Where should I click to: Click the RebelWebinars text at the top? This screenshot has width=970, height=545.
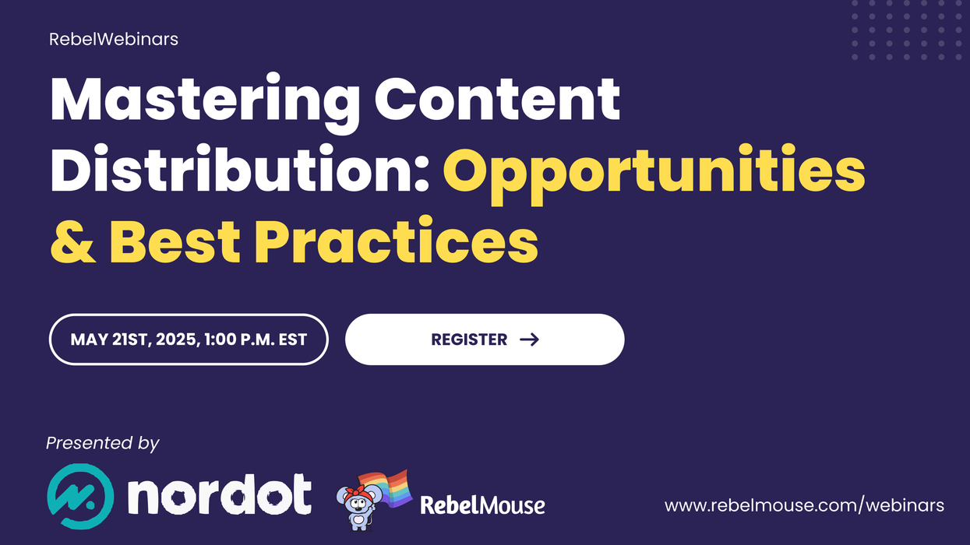point(114,38)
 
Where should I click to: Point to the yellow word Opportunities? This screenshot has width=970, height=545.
point(654,171)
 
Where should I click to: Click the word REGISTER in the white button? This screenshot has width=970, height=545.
point(469,339)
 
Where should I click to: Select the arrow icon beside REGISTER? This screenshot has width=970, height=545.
point(529,339)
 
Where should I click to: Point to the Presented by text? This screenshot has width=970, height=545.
point(102,443)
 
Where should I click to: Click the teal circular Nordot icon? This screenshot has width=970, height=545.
point(80,497)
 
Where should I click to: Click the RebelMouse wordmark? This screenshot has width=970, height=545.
point(482,505)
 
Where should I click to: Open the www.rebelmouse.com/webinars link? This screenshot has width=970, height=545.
point(804,505)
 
